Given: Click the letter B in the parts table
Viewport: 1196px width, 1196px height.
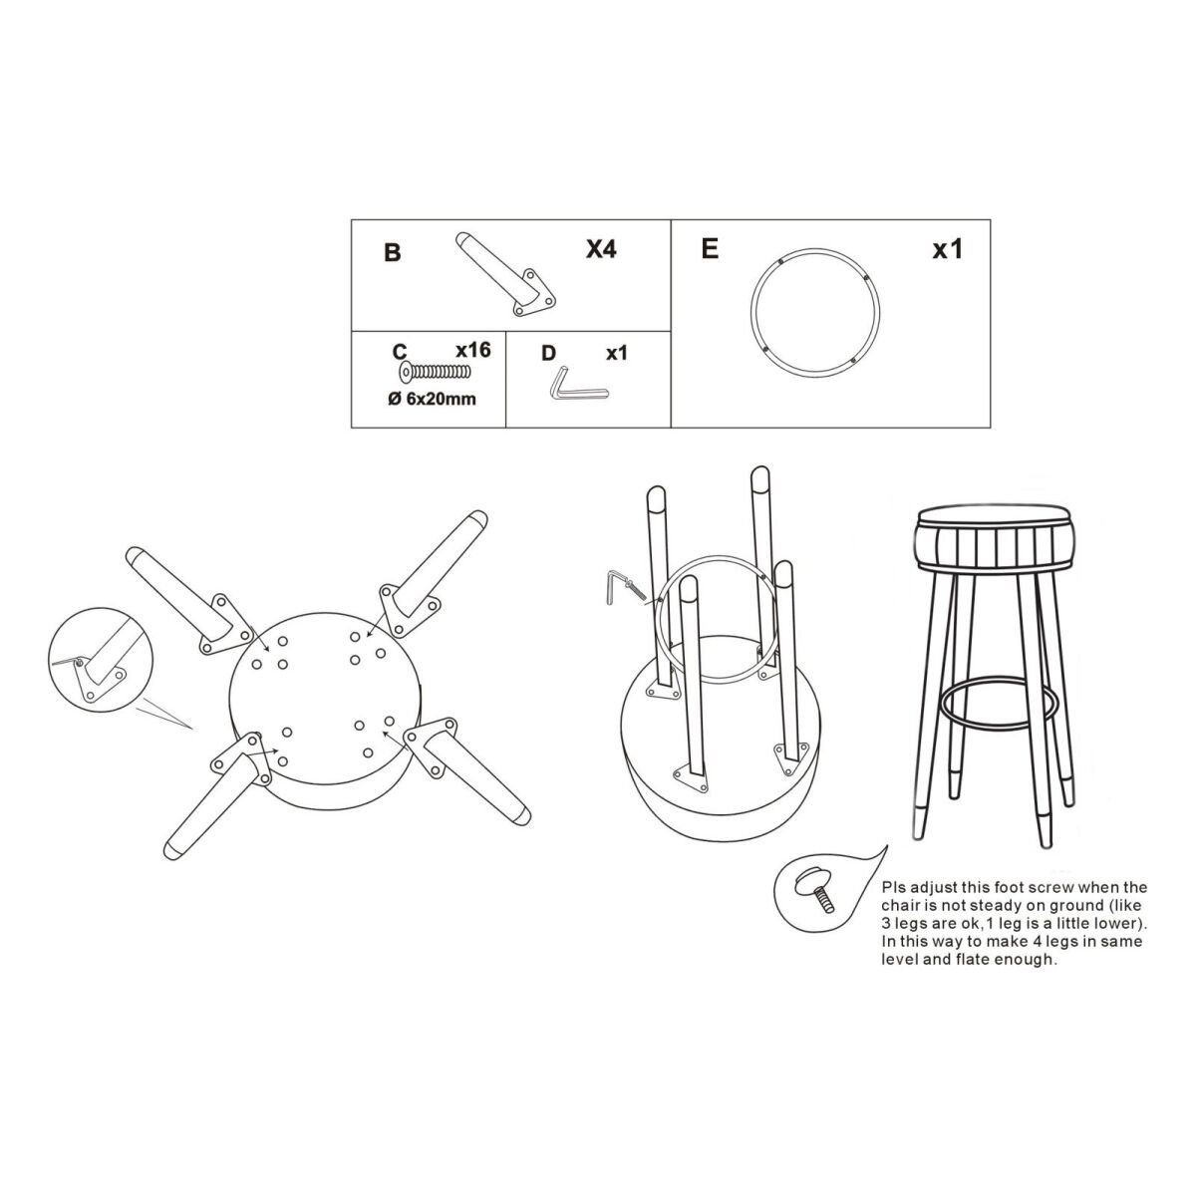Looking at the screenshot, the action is (393, 252).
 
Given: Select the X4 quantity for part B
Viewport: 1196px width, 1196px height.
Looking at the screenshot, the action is (601, 249).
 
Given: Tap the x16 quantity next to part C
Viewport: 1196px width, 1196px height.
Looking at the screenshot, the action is (473, 350).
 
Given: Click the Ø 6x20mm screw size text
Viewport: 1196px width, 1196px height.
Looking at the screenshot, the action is (432, 399).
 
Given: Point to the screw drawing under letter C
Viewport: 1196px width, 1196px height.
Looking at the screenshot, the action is (435, 372).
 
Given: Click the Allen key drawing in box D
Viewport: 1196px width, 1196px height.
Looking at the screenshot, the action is (578, 385).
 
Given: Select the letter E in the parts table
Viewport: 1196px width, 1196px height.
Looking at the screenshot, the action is (710, 249).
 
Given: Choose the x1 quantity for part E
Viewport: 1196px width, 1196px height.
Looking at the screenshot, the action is (947, 249).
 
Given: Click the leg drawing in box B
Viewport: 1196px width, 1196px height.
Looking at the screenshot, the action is (505, 275).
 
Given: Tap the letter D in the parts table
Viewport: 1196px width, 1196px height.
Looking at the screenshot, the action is (548, 353).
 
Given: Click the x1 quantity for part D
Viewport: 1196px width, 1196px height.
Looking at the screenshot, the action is (617, 353).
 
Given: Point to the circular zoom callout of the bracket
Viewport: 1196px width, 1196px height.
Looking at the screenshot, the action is (100, 659).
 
